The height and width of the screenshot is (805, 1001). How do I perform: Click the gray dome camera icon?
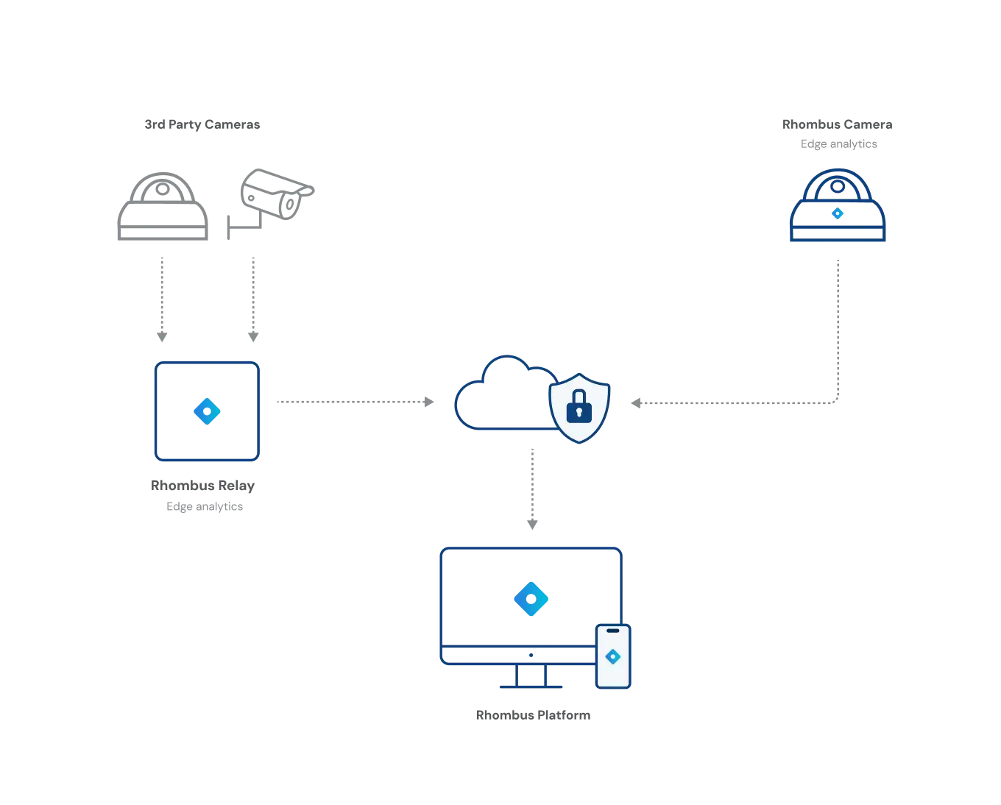click(x=162, y=207)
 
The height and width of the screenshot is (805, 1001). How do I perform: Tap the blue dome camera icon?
click(x=838, y=208)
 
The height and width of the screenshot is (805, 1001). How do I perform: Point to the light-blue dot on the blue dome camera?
click(x=837, y=213)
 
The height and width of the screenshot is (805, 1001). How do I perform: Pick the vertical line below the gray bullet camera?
click(x=253, y=299)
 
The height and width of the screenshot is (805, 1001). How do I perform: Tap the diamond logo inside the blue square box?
click(x=206, y=411)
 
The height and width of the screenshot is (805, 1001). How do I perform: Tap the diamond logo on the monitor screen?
click(x=531, y=598)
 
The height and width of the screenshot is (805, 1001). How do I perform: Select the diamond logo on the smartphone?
click(x=612, y=657)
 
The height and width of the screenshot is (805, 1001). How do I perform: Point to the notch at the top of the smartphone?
click(x=612, y=631)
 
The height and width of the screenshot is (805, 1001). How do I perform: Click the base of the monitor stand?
click(x=530, y=686)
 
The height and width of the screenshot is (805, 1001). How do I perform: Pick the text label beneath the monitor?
click(x=535, y=716)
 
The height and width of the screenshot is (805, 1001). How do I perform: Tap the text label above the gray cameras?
click(x=202, y=124)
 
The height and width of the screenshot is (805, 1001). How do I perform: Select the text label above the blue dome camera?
click(x=838, y=133)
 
